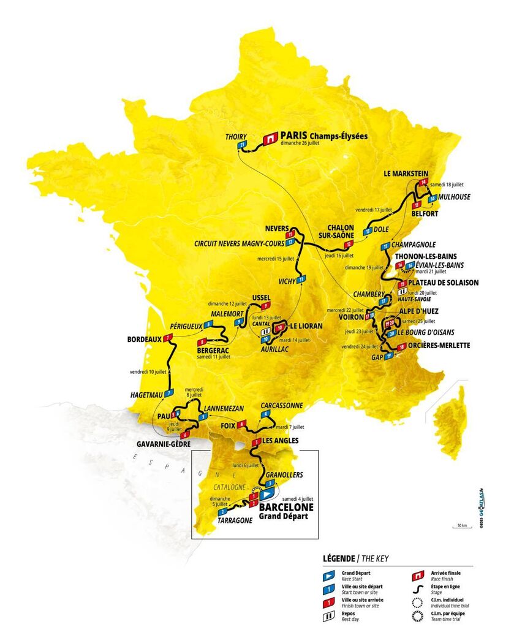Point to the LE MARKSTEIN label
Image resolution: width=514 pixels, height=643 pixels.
[405, 173]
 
